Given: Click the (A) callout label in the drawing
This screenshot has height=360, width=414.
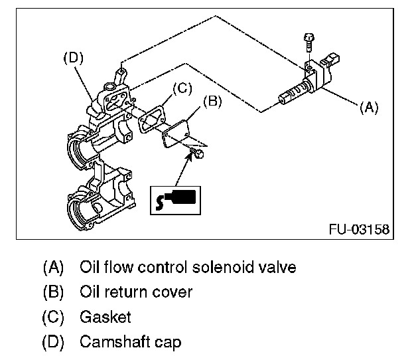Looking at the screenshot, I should (369, 108).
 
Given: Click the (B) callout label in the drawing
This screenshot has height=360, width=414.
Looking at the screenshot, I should (212, 102).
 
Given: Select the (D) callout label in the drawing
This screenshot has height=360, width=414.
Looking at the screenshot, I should (73, 58).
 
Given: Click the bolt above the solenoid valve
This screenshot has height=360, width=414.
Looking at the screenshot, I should (307, 41).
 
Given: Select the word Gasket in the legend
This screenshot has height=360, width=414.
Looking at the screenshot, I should (105, 317).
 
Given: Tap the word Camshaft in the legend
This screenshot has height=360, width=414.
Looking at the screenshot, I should (111, 342).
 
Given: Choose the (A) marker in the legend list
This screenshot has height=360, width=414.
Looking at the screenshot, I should (52, 267).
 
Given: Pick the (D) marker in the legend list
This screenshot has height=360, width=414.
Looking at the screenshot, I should (52, 342).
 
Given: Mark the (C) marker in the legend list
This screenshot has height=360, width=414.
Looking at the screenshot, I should (52, 317).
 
